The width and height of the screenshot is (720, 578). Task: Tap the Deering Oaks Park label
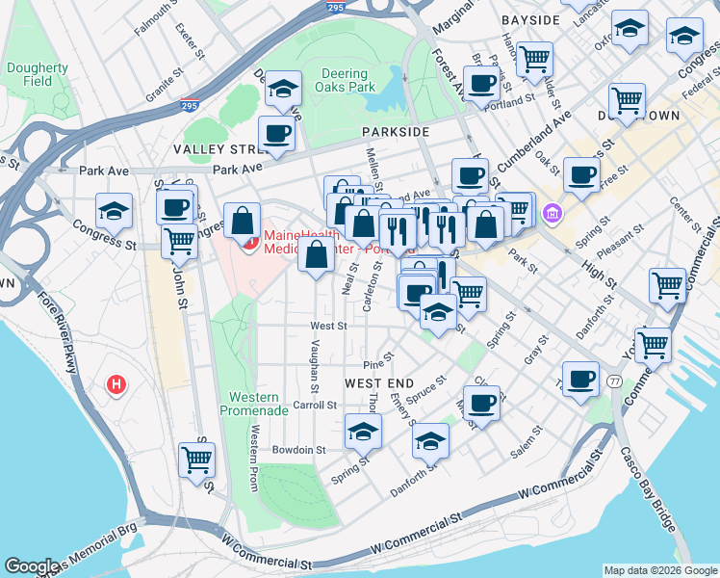click(x=344, y=80)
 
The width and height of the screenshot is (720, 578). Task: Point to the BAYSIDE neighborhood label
click(x=530, y=19)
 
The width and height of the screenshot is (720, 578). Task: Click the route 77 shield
click(x=613, y=381)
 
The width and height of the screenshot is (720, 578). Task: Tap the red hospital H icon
click(x=116, y=385)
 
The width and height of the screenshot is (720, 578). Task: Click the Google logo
click(x=31, y=566)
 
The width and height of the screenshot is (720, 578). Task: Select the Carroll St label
click(x=315, y=406)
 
